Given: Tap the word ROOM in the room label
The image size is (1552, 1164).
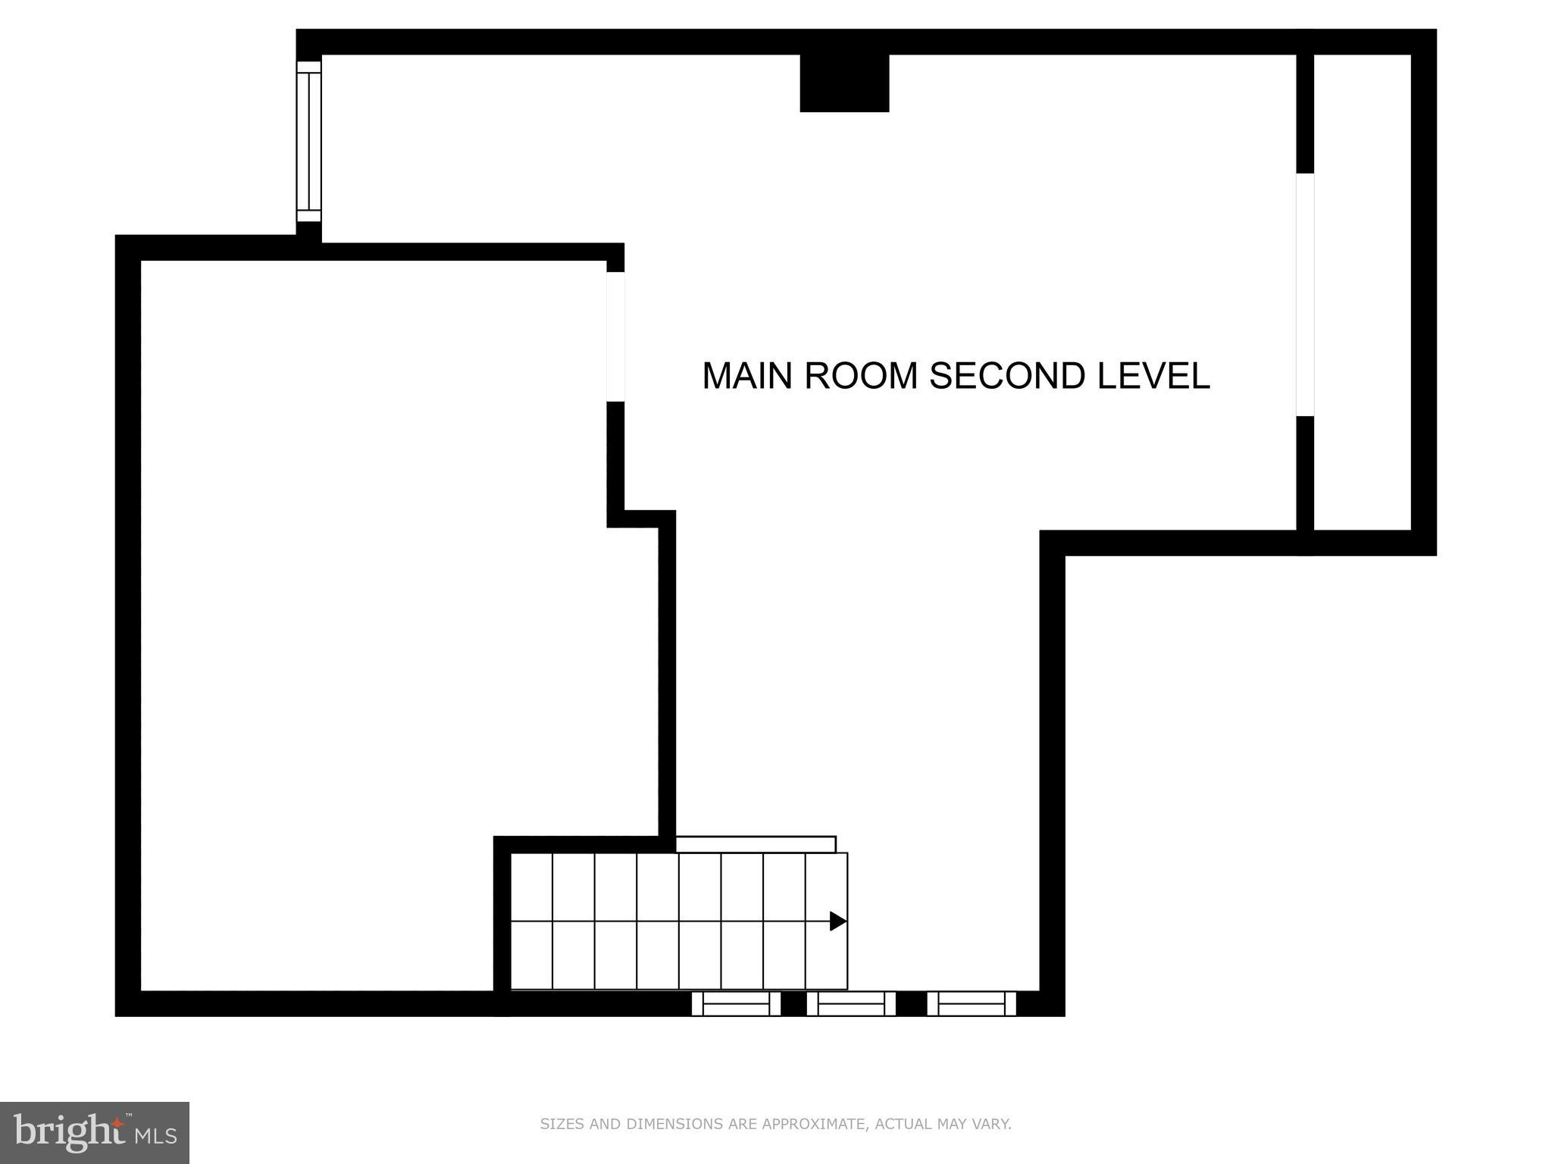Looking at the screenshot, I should point(860,376).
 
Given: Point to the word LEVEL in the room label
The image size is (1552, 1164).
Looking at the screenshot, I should point(1153,376).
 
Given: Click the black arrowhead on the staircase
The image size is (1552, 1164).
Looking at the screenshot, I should point(837,921).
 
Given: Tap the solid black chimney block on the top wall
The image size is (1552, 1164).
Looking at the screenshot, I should point(844,83).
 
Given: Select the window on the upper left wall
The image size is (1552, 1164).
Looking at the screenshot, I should point(308,141).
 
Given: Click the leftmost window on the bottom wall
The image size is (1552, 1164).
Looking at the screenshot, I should point(736,1003).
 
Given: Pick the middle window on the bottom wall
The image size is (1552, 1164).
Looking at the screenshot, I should point(851,1003).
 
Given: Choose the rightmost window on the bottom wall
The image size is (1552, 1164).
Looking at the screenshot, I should point(971,1003).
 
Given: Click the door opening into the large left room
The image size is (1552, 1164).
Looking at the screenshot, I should point(615,336).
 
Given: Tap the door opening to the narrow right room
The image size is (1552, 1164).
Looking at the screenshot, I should point(1304,295).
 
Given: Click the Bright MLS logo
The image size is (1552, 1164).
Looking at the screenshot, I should point(95,1132).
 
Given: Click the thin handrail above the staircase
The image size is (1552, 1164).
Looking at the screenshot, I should point(756,844).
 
